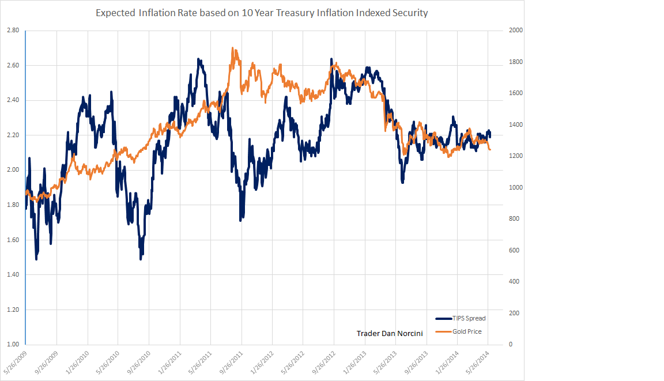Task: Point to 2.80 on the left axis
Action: pos(13,30)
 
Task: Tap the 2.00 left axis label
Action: pos(13,170)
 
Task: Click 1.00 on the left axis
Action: pos(13,345)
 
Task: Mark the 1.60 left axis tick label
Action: pos(13,240)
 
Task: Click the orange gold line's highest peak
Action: pos(232,48)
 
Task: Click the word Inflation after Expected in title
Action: pos(157,13)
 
